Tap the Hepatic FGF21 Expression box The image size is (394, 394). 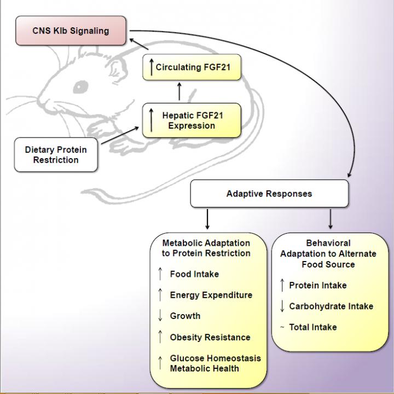tap(192, 120)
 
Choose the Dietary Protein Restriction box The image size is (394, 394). tap(55, 155)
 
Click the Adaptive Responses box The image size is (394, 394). tap(269, 194)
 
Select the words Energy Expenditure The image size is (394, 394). tap(211, 295)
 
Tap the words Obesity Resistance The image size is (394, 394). tap(210, 337)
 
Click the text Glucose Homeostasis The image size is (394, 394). tap(215, 358)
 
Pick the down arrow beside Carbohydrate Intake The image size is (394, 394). tap(282, 306)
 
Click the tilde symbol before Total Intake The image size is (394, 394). tap(282, 327)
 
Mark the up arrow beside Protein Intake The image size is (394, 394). tap(282, 285)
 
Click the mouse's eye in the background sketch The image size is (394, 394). tap(80, 86)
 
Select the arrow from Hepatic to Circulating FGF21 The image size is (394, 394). tap(179, 91)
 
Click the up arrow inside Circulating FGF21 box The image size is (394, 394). tap(152, 68)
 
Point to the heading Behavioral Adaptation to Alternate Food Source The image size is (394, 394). tap(328, 253)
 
